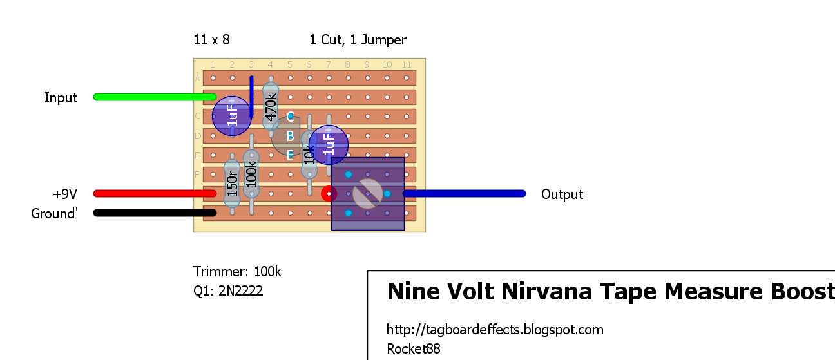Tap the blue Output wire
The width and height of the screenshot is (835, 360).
[x=464, y=194]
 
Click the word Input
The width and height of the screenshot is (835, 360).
[x=61, y=98]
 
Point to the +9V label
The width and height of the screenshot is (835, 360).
[x=66, y=194]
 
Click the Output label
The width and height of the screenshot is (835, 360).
[x=562, y=194]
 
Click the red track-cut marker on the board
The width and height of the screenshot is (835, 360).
[x=329, y=193]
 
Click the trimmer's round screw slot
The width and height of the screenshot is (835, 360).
[x=368, y=193]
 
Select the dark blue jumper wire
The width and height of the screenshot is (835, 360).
[x=251, y=97]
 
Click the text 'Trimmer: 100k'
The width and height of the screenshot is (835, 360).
[x=237, y=272]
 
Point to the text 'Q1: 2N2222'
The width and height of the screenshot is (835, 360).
[x=228, y=291]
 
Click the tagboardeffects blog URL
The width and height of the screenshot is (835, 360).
[x=495, y=330]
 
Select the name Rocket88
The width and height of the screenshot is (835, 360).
[x=413, y=349]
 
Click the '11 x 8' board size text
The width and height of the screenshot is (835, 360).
[x=211, y=40]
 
